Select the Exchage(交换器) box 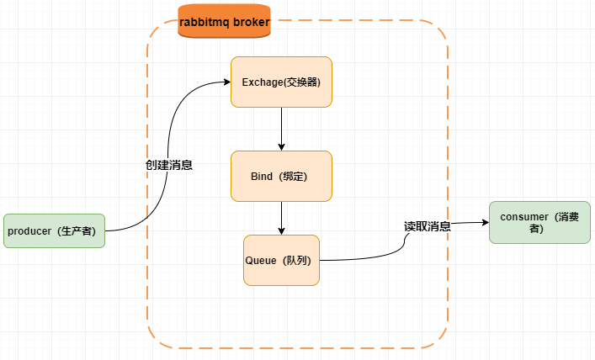click(x=281, y=82)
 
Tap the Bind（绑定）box click(x=281, y=177)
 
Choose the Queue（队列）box click(x=281, y=260)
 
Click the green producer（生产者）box click(x=54, y=230)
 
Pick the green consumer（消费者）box click(x=539, y=223)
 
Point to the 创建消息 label click(x=169, y=165)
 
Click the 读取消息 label click(x=427, y=226)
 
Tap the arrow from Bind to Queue click(x=281, y=218)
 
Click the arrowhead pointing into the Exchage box click(x=226, y=82)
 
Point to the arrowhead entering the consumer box click(x=485, y=223)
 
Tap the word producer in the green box click(x=30, y=230)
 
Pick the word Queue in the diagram click(x=259, y=260)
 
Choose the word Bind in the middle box click(x=262, y=177)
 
